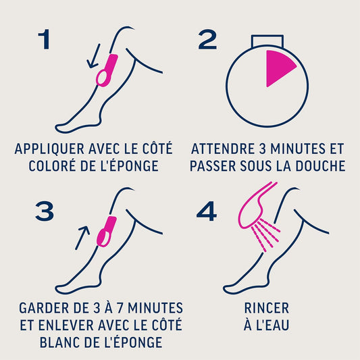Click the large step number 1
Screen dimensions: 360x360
45,39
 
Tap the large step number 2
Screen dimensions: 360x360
207,39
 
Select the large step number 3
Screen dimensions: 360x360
45,211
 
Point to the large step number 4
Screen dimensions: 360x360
207,211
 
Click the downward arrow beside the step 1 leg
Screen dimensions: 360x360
93,56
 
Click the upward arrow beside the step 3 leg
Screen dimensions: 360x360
82,238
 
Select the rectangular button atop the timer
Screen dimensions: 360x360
267,41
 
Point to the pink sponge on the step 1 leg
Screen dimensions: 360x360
107,70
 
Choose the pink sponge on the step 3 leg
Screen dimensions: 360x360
107,232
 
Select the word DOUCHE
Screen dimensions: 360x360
320,165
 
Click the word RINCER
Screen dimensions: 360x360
267,308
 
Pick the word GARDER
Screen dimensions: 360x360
44,308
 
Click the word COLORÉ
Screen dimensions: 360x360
52,165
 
